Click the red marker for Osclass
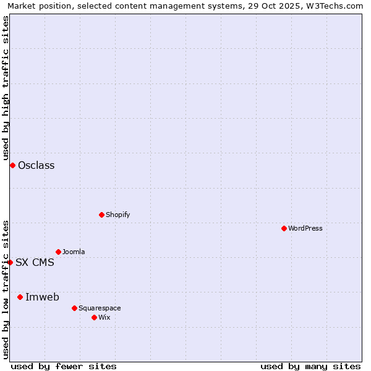[x=12, y=165]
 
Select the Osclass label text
[x=36, y=165]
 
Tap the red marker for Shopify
[x=101, y=215]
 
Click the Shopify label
[x=117, y=215]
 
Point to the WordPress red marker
[x=284, y=228]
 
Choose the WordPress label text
[x=305, y=228]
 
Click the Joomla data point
[x=58, y=252]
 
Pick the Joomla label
[x=74, y=252]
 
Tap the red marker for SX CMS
[x=10, y=262]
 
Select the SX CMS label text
[x=35, y=262]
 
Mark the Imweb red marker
[x=20, y=297]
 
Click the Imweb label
[x=42, y=297]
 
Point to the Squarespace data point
[x=74, y=308]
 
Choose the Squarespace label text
[x=100, y=308]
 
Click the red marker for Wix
[x=94, y=317]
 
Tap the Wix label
[x=104, y=317]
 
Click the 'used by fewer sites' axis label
[x=64, y=366]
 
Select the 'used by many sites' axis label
[x=310, y=366]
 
